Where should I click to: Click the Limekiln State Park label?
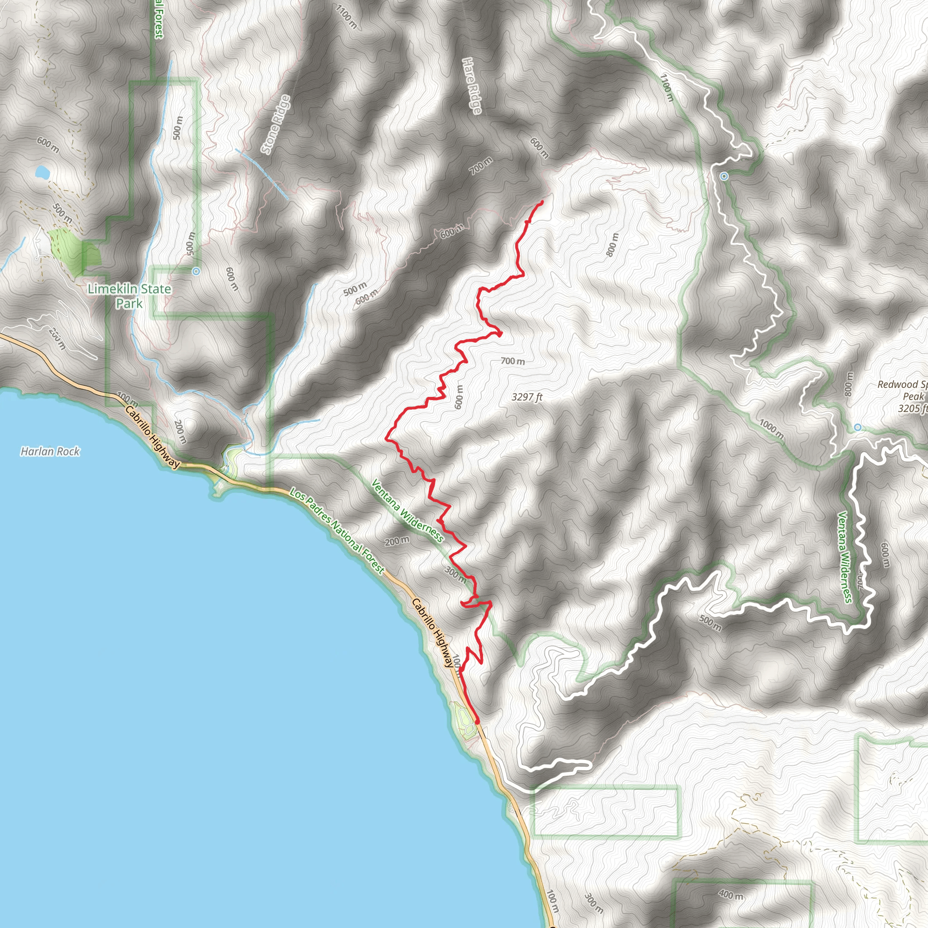point(129,296)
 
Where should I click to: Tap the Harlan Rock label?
point(50,451)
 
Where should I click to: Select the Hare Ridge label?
point(472,86)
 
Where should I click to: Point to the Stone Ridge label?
point(275,125)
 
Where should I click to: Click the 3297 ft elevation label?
point(527,397)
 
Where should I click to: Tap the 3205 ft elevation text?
point(912,408)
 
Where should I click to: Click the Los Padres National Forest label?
point(337,531)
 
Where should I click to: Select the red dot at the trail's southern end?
point(477,721)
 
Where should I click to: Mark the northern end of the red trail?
point(542,201)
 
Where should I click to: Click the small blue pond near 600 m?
point(42,172)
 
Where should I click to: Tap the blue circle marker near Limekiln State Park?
point(196,271)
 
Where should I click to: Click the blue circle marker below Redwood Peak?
point(857,427)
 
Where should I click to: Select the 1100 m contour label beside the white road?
point(667,88)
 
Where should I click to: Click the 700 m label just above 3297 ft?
point(512,361)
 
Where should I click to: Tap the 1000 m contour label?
point(771,430)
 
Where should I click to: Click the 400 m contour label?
point(730,894)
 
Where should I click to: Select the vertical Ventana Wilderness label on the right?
point(845,557)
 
